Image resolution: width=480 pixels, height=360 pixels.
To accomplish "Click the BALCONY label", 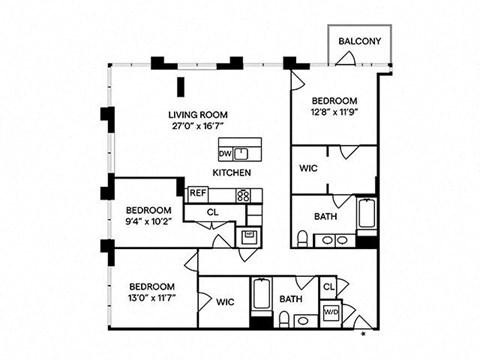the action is coord(360,41).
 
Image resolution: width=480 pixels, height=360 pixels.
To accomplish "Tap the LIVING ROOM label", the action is coord(198,115).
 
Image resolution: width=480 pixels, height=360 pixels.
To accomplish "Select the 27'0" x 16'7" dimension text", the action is coord(197,126).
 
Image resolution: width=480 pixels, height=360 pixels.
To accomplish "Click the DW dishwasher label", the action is coord(225,154).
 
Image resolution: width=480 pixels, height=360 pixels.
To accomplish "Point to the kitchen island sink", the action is coord(241,154).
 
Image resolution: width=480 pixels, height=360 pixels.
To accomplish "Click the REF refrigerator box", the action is coord(198,194).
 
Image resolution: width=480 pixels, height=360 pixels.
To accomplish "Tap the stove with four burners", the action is coord(243,195).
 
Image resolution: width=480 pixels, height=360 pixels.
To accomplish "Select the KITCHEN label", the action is coord(232,173).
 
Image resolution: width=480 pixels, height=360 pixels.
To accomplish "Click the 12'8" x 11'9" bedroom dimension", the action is coord(335,112).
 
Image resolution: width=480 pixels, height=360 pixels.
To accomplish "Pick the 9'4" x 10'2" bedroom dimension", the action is coord(149,221).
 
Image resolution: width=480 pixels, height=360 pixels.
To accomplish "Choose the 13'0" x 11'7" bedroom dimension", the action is coord(152,297).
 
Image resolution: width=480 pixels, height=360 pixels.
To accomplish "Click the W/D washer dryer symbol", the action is coord(331,313).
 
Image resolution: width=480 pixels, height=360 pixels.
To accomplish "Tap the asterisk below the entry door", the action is coord(364,333).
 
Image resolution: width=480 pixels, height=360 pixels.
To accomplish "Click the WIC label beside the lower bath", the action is coord(225,302).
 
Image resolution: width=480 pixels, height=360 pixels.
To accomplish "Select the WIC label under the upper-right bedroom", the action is coord(309,168).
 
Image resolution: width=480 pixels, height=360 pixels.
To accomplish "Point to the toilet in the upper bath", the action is coord(302,239).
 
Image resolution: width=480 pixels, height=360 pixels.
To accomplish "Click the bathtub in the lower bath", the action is coord(261,294).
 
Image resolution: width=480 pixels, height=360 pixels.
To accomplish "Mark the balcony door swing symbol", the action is coord(346,59).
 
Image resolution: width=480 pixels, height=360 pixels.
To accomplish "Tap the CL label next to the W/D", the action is coord(329,287).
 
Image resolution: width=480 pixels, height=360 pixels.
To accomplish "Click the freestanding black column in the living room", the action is coord(181,87).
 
